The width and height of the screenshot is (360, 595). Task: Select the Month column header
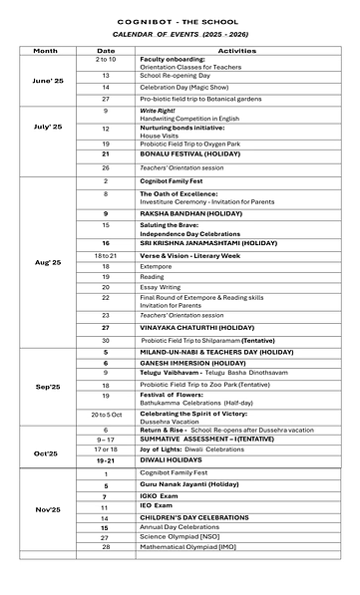click(45, 49)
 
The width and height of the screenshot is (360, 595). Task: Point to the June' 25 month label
click(48, 79)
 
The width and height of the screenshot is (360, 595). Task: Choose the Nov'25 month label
click(48, 509)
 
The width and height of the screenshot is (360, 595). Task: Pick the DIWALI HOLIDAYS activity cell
click(169, 462)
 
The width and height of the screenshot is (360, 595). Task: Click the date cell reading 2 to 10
click(106, 60)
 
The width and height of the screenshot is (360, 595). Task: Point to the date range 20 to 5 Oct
click(106, 415)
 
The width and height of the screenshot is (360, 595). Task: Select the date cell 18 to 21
click(106, 256)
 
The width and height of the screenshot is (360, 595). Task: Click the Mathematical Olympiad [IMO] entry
click(190, 547)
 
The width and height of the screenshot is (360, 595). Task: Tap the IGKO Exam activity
click(159, 496)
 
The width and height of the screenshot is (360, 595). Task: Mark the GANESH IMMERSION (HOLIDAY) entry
click(185, 364)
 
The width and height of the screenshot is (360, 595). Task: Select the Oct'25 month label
click(48, 453)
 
